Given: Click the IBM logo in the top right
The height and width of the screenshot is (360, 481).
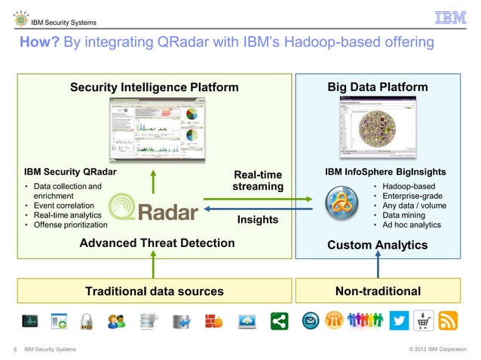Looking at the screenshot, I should [x=452, y=17].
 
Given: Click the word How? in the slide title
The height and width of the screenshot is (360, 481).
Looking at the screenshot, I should [x=40, y=44].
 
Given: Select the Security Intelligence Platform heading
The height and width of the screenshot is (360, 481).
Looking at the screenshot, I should [x=154, y=87].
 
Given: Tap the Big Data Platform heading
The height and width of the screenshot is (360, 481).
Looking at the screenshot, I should [x=377, y=87].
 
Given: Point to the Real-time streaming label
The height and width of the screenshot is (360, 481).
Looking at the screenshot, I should [x=258, y=181].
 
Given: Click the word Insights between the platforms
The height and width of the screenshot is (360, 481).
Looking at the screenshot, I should [x=258, y=220].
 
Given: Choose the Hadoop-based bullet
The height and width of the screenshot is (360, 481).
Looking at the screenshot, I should [x=408, y=185].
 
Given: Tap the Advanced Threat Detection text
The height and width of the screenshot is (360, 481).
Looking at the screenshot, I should [x=157, y=243].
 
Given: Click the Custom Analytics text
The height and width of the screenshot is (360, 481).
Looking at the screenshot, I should [x=377, y=245].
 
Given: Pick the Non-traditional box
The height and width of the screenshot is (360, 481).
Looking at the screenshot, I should [x=377, y=291].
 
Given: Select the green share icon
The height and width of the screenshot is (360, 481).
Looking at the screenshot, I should [x=279, y=322].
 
